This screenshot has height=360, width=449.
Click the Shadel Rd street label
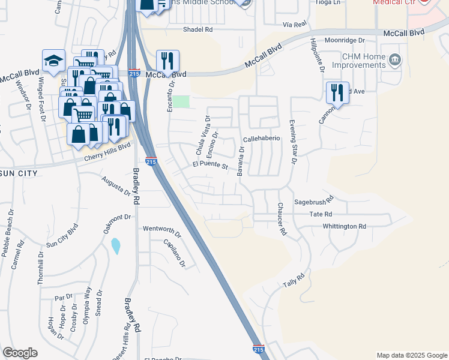(x=199, y=29)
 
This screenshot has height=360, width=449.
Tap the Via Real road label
(x=295, y=24)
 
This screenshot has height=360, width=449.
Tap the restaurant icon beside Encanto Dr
(x=167, y=61)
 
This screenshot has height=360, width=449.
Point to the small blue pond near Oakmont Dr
(x=115, y=245)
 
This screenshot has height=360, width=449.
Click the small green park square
(x=182, y=101)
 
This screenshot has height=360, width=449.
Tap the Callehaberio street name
(x=262, y=139)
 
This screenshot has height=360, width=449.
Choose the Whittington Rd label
(x=344, y=226)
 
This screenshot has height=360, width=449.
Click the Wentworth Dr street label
(x=161, y=229)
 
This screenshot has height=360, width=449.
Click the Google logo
(x=20, y=353)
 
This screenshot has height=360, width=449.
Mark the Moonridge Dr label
(x=345, y=40)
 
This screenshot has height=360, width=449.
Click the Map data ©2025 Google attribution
(x=411, y=355)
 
